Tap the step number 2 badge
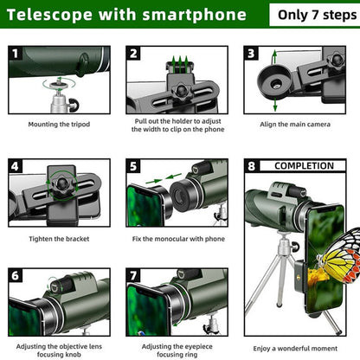(x=133, y=53)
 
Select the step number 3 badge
(x=251, y=53)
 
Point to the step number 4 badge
(x=16, y=166)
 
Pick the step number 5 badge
(x=133, y=166)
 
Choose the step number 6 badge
(x=16, y=275)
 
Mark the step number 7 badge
(x=133, y=275)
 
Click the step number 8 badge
(x=252, y=166)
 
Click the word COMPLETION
(x=304, y=166)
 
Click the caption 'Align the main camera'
(x=297, y=124)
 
